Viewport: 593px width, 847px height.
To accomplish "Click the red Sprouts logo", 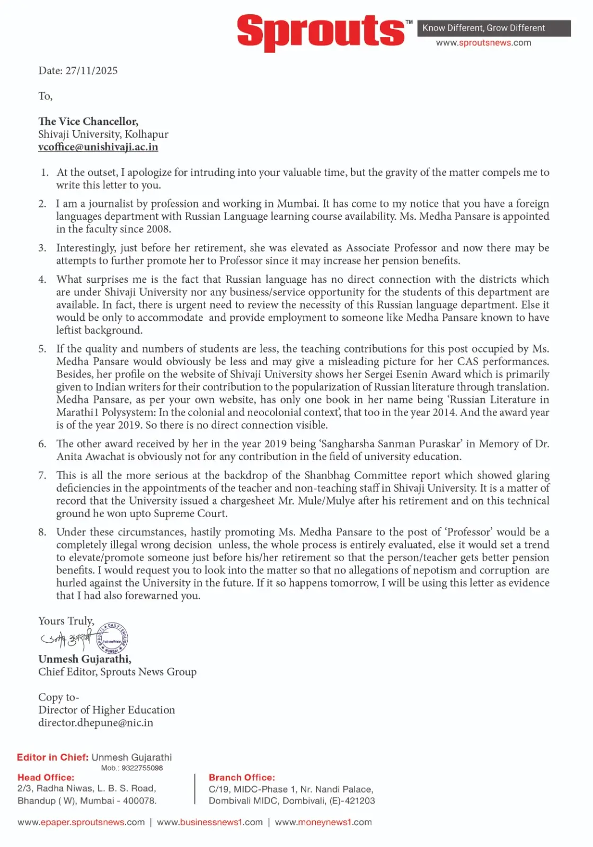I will pyautogui.click(x=321, y=32).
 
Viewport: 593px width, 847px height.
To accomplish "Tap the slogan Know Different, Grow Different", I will pyautogui.click(x=483, y=28).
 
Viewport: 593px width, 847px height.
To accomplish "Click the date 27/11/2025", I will pyautogui.click(x=91, y=71).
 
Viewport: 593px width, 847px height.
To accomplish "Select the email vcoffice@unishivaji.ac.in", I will pyautogui.click(x=98, y=147).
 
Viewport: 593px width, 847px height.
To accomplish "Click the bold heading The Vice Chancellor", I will pyautogui.click(x=88, y=122).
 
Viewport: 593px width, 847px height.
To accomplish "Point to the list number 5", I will pyautogui.click(x=42, y=349).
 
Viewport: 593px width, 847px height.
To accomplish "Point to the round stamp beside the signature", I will pyautogui.click(x=112, y=638).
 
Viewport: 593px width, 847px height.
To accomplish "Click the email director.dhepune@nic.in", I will pyautogui.click(x=95, y=723).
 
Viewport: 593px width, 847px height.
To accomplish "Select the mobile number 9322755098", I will pyautogui.click(x=142, y=768).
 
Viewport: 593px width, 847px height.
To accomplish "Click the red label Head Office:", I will pyautogui.click(x=46, y=778).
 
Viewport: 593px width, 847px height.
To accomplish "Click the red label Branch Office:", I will pyautogui.click(x=242, y=778).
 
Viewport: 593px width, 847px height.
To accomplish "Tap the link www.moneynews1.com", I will pyautogui.click(x=323, y=823).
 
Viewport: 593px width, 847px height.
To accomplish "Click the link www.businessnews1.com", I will pyautogui.click(x=210, y=823).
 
